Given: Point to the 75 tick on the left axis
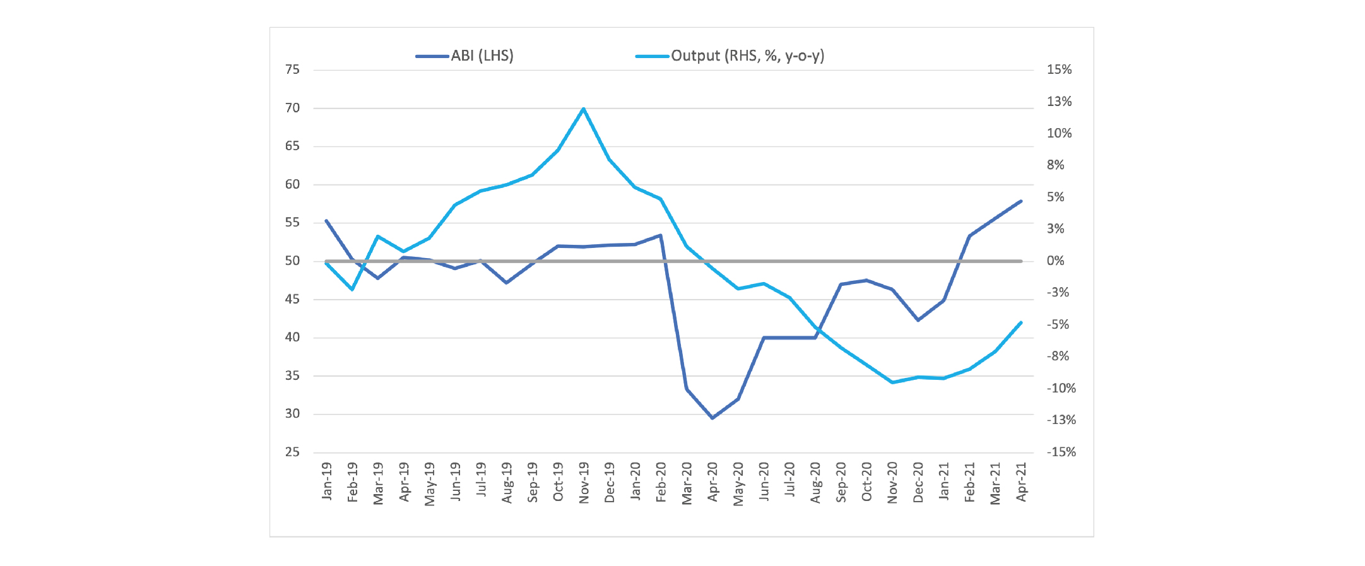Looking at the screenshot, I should (x=292, y=70).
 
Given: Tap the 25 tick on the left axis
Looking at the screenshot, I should (x=292, y=452).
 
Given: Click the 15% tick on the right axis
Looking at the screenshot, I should (x=1059, y=70).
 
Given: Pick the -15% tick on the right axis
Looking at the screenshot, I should (x=1061, y=452).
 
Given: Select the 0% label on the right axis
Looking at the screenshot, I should (x=1055, y=261).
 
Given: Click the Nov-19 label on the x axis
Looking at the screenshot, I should (x=584, y=483).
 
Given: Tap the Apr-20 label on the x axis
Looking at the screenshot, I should (x=712, y=483).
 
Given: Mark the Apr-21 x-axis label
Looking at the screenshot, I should (x=1021, y=482).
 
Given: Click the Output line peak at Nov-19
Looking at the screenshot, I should (x=584, y=109).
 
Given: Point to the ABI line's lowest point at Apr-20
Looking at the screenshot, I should (x=712, y=418).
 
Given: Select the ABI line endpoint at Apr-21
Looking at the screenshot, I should (x=1021, y=201).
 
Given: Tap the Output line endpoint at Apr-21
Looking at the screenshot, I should (x=1021, y=322).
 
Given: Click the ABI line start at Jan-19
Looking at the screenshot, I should (x=326, y=221).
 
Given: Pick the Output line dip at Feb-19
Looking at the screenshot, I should (x=352, y=290).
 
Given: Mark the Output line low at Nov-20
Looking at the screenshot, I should (x=892, y=382).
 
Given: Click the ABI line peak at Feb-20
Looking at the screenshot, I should (x=660, y=235).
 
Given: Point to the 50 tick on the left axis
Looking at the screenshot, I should (x=292, y=261).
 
